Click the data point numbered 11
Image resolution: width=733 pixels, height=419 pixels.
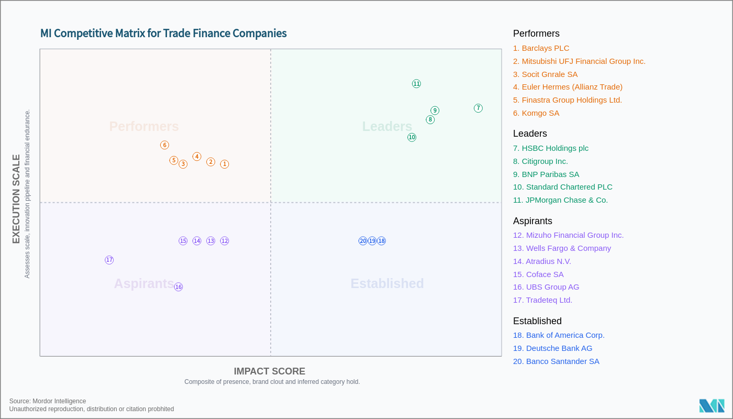pyautogui.click(x=416, y=84)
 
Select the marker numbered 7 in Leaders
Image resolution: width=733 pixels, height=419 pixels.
pyautogui.click(x=478, y=108)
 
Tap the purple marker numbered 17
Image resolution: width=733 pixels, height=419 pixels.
pyautogui.click(x=109, y=260)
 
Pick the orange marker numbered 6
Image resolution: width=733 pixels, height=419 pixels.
pyautogui.click(x=164, y=145)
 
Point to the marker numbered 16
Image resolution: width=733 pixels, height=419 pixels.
pyautogui.click(x=179, y=287)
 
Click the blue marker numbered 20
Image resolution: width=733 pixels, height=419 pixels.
pyautogui.click(x=363, y=241)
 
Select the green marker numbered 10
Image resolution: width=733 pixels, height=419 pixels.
pyautogui.click(x=412, y=137)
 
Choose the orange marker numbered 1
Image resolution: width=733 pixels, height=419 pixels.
pyautogui.click(x=225, y=164)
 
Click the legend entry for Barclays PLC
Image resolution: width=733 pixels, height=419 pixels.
pyautogui.click(x=541, y=48)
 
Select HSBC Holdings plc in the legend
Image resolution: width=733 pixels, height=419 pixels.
pyautogui.click(x=550, y=148)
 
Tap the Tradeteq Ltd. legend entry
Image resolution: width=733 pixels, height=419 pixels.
pyautogui.click(x=542, y=300)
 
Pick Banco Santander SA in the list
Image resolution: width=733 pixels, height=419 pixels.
pyautogui.click(x=556, y=361)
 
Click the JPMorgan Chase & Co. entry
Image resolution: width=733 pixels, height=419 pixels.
pyautogui.click(x=560, y=200)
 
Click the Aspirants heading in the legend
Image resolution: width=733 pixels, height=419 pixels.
pyautogui.click(x=532, y=221)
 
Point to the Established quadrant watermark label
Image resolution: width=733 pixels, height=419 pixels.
pyautogui.click(x=387, y=283)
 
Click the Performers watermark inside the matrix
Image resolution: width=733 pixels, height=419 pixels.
pyautogui.click(x=144, y=126)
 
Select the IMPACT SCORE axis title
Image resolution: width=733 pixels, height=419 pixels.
pyautogui.click(x=269, y=371)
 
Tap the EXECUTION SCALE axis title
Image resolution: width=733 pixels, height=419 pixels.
pyautogui.click(x=16, y=199)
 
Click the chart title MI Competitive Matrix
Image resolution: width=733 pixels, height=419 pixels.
pyautogui.click(x=163, y=34)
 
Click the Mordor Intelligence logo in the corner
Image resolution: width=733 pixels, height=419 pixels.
pyautogui.click(x=712, y=406)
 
